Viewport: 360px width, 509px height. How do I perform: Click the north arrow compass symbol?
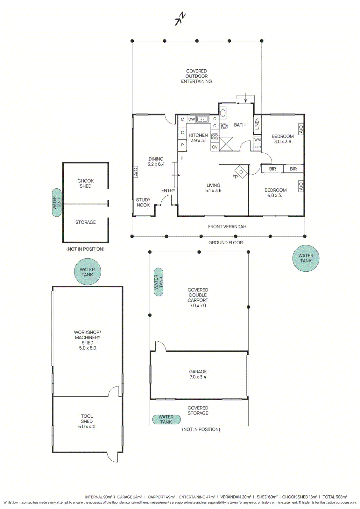[x=180, y=19]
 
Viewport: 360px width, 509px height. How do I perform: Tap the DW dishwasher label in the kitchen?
[x=192, y=119]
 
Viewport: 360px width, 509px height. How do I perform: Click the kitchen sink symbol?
[x=202, y=119]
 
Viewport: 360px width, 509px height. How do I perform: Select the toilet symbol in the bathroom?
[x=224, y=126]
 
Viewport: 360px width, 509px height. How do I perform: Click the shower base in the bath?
[x=226, y=144]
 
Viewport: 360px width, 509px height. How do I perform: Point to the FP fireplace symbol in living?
[x=241, y=172]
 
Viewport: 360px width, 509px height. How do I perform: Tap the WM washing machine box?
[x=258, y=140]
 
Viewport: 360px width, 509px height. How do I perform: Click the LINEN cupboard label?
[x=257, y=123]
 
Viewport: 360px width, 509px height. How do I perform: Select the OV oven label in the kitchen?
[x=215, y=147]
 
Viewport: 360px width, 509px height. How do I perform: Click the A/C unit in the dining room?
[x=135, y=172]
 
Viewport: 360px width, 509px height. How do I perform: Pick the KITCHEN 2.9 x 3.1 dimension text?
[x=198, y=140]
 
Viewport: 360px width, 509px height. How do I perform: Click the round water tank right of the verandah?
[x=306, y=258]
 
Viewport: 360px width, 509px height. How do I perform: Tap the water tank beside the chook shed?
[x=57, y=202]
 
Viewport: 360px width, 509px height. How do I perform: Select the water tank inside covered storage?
[x=166, y=419]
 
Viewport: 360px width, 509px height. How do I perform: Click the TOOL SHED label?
[x=87, y=419]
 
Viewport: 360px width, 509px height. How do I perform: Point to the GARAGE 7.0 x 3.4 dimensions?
[x=198, y=377]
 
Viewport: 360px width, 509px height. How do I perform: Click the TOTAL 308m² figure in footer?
[x=335, y=497]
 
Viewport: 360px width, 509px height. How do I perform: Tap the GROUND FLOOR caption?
[x=225, y=243]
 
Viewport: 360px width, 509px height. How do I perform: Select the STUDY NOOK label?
[x=143, y=202]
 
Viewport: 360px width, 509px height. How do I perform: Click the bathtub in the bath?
[x=223, y=113]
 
